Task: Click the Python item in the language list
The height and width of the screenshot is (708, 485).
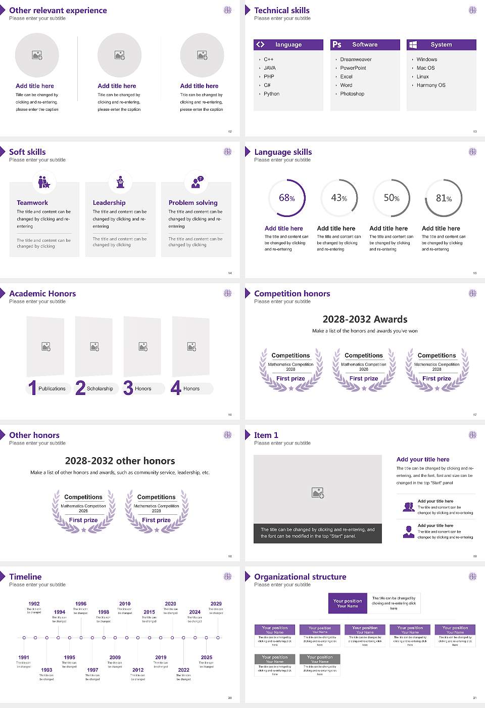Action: point(271,94)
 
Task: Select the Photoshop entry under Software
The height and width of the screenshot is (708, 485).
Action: point(352,94)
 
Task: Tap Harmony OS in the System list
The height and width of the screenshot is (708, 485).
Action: point(431,85)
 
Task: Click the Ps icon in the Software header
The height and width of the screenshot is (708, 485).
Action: point(337,45)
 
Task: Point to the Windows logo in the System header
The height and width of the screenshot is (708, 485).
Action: point(413,45)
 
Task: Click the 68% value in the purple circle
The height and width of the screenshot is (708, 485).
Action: point(286,198)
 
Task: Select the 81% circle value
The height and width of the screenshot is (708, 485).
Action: point(444,198)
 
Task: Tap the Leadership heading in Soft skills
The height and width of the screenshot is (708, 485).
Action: point(109,202)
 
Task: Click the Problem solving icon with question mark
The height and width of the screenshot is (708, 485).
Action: point(197,182)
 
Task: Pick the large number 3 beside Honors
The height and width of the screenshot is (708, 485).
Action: point(128,388)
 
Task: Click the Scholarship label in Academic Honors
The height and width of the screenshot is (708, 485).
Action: point(100,388)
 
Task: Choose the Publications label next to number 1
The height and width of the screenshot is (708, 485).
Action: point(52,388)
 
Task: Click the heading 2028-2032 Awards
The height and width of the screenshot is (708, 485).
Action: point(365,319)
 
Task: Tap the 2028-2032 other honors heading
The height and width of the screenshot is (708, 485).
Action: point(120,461)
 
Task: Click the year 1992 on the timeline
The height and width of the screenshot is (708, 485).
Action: point(34,603)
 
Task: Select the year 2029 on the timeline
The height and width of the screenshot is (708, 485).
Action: point(216,603)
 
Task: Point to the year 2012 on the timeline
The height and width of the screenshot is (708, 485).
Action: point(138,670)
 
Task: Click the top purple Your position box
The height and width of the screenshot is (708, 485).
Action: point(348,603)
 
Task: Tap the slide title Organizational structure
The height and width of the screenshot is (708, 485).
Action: point(300,577)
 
